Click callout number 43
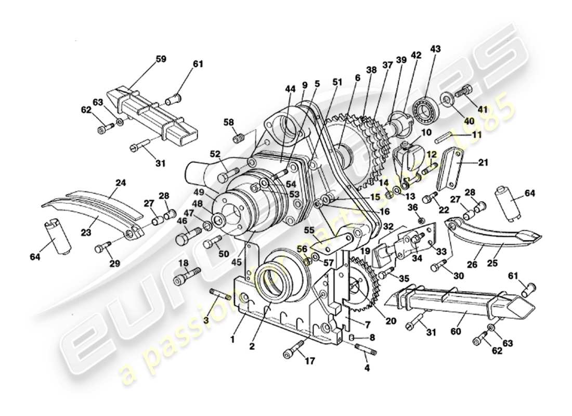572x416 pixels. click(435, 49)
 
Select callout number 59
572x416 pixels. click(161, 59)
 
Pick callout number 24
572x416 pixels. click(121, 183)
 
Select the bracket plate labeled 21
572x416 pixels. click(451, 169)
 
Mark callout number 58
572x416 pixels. click(229, 122)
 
